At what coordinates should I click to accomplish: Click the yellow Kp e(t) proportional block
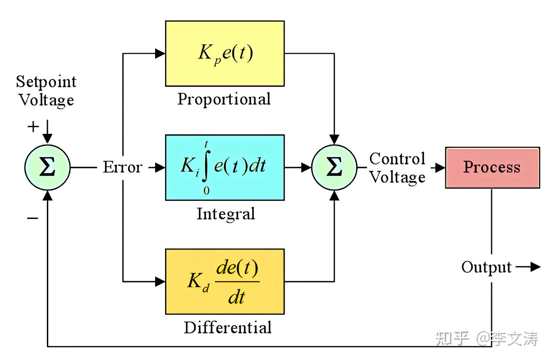point(225,53)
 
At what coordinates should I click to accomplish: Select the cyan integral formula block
point(225,167)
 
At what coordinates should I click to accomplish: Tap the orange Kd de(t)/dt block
point(225,281)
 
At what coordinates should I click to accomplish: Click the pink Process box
point(492,167)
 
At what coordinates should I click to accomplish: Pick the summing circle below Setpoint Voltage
point(47,167)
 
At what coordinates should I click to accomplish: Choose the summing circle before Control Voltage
point(334,167)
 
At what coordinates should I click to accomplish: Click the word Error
point(123,168)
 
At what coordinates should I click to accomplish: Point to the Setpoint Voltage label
point(46,91)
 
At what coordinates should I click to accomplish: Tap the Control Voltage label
point(397,168)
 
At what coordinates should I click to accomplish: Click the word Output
point(486,267)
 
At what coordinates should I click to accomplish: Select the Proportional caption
point(224,99)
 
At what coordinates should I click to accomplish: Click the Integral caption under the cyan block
point(225,214)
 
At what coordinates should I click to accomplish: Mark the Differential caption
point(228,327)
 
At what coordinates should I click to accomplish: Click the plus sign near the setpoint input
point(33,127)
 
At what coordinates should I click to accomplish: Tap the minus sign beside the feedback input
point(32,218)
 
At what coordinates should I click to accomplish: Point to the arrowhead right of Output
point(535,267)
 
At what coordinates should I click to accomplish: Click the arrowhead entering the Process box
point(441,168)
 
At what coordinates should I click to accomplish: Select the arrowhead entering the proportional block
point(160,53)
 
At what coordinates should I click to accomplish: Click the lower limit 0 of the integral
point(206,191)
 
